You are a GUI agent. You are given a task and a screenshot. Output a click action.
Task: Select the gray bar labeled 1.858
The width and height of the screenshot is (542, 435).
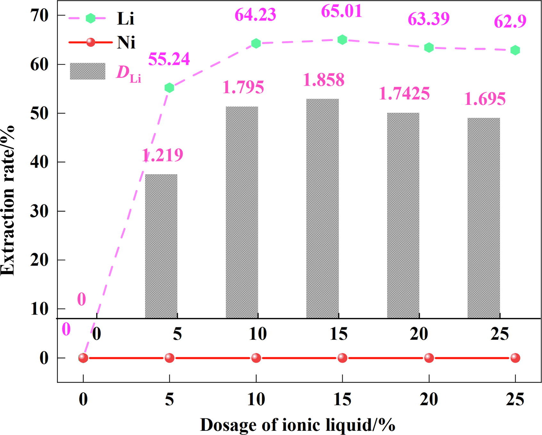(322, 209)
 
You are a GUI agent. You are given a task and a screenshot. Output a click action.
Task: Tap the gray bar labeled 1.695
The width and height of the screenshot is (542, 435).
(483, 218)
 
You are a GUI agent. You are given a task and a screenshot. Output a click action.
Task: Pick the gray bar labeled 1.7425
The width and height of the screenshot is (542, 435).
(403, 215)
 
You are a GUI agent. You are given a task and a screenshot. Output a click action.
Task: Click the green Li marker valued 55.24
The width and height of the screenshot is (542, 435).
(169, 88)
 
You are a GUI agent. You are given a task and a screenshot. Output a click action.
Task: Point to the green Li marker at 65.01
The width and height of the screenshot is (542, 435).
(342, 40)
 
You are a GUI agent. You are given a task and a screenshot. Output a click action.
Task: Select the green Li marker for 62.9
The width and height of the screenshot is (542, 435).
(515, 50)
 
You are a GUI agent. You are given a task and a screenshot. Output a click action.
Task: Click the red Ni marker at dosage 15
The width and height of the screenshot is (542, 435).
(342, 358)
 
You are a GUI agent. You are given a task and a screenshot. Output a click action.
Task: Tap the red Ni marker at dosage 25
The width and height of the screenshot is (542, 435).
(515, 358)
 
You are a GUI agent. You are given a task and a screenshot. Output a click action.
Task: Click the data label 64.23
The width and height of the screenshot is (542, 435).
(255, 15)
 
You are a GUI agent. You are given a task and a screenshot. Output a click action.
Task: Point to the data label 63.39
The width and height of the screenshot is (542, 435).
(429, 19)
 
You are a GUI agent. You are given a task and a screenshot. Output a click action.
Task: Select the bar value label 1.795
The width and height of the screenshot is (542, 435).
(243, 87)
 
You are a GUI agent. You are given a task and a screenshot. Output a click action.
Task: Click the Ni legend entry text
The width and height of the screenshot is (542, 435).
(126, 42)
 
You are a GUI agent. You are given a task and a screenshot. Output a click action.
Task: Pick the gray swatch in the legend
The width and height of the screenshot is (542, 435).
(87, 71)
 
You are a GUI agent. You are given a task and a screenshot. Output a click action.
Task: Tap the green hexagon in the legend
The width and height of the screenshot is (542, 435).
(91, 18)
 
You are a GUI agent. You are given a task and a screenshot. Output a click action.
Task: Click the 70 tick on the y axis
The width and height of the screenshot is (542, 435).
(39, 15)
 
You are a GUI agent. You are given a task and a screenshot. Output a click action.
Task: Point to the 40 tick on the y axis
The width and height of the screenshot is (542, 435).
(39, 162)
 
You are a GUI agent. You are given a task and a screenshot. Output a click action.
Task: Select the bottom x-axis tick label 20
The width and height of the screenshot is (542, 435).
(429, 400)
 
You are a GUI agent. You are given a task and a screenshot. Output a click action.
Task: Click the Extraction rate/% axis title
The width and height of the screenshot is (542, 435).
(8, 200)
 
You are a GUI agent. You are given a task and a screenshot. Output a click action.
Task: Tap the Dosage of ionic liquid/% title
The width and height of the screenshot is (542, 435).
(297, 425)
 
